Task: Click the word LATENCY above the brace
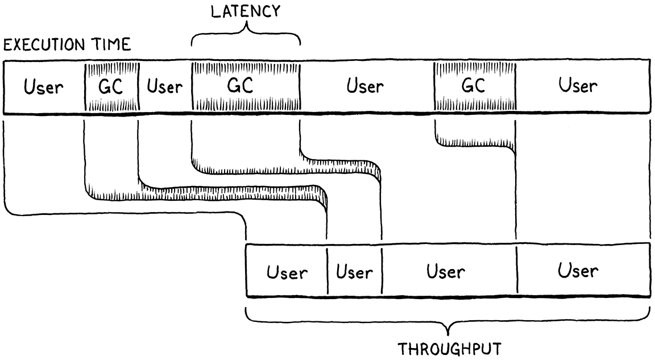pos(246,11)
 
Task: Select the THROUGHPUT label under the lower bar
pos(449,348)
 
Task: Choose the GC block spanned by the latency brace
pos(246,86)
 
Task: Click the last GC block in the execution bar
pos(474,86)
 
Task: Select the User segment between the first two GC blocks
pos(165,87)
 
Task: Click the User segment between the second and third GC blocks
pos(366,87)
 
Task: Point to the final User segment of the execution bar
pos(578,86)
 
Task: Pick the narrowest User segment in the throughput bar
pos(354,272)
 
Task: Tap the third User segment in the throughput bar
pos(446,272)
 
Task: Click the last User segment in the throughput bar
pos(578,271)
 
